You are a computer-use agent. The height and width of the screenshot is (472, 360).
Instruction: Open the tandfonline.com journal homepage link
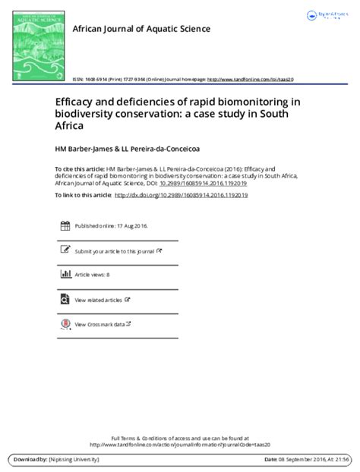pos(251,79)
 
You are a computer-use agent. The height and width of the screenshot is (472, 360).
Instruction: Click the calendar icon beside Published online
pos(65,226)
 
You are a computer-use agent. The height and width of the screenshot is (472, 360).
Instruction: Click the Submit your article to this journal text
pos(114,250)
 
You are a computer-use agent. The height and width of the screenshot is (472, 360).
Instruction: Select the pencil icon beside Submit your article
pos(65,250)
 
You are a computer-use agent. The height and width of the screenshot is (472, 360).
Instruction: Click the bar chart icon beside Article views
pos(65,274)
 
